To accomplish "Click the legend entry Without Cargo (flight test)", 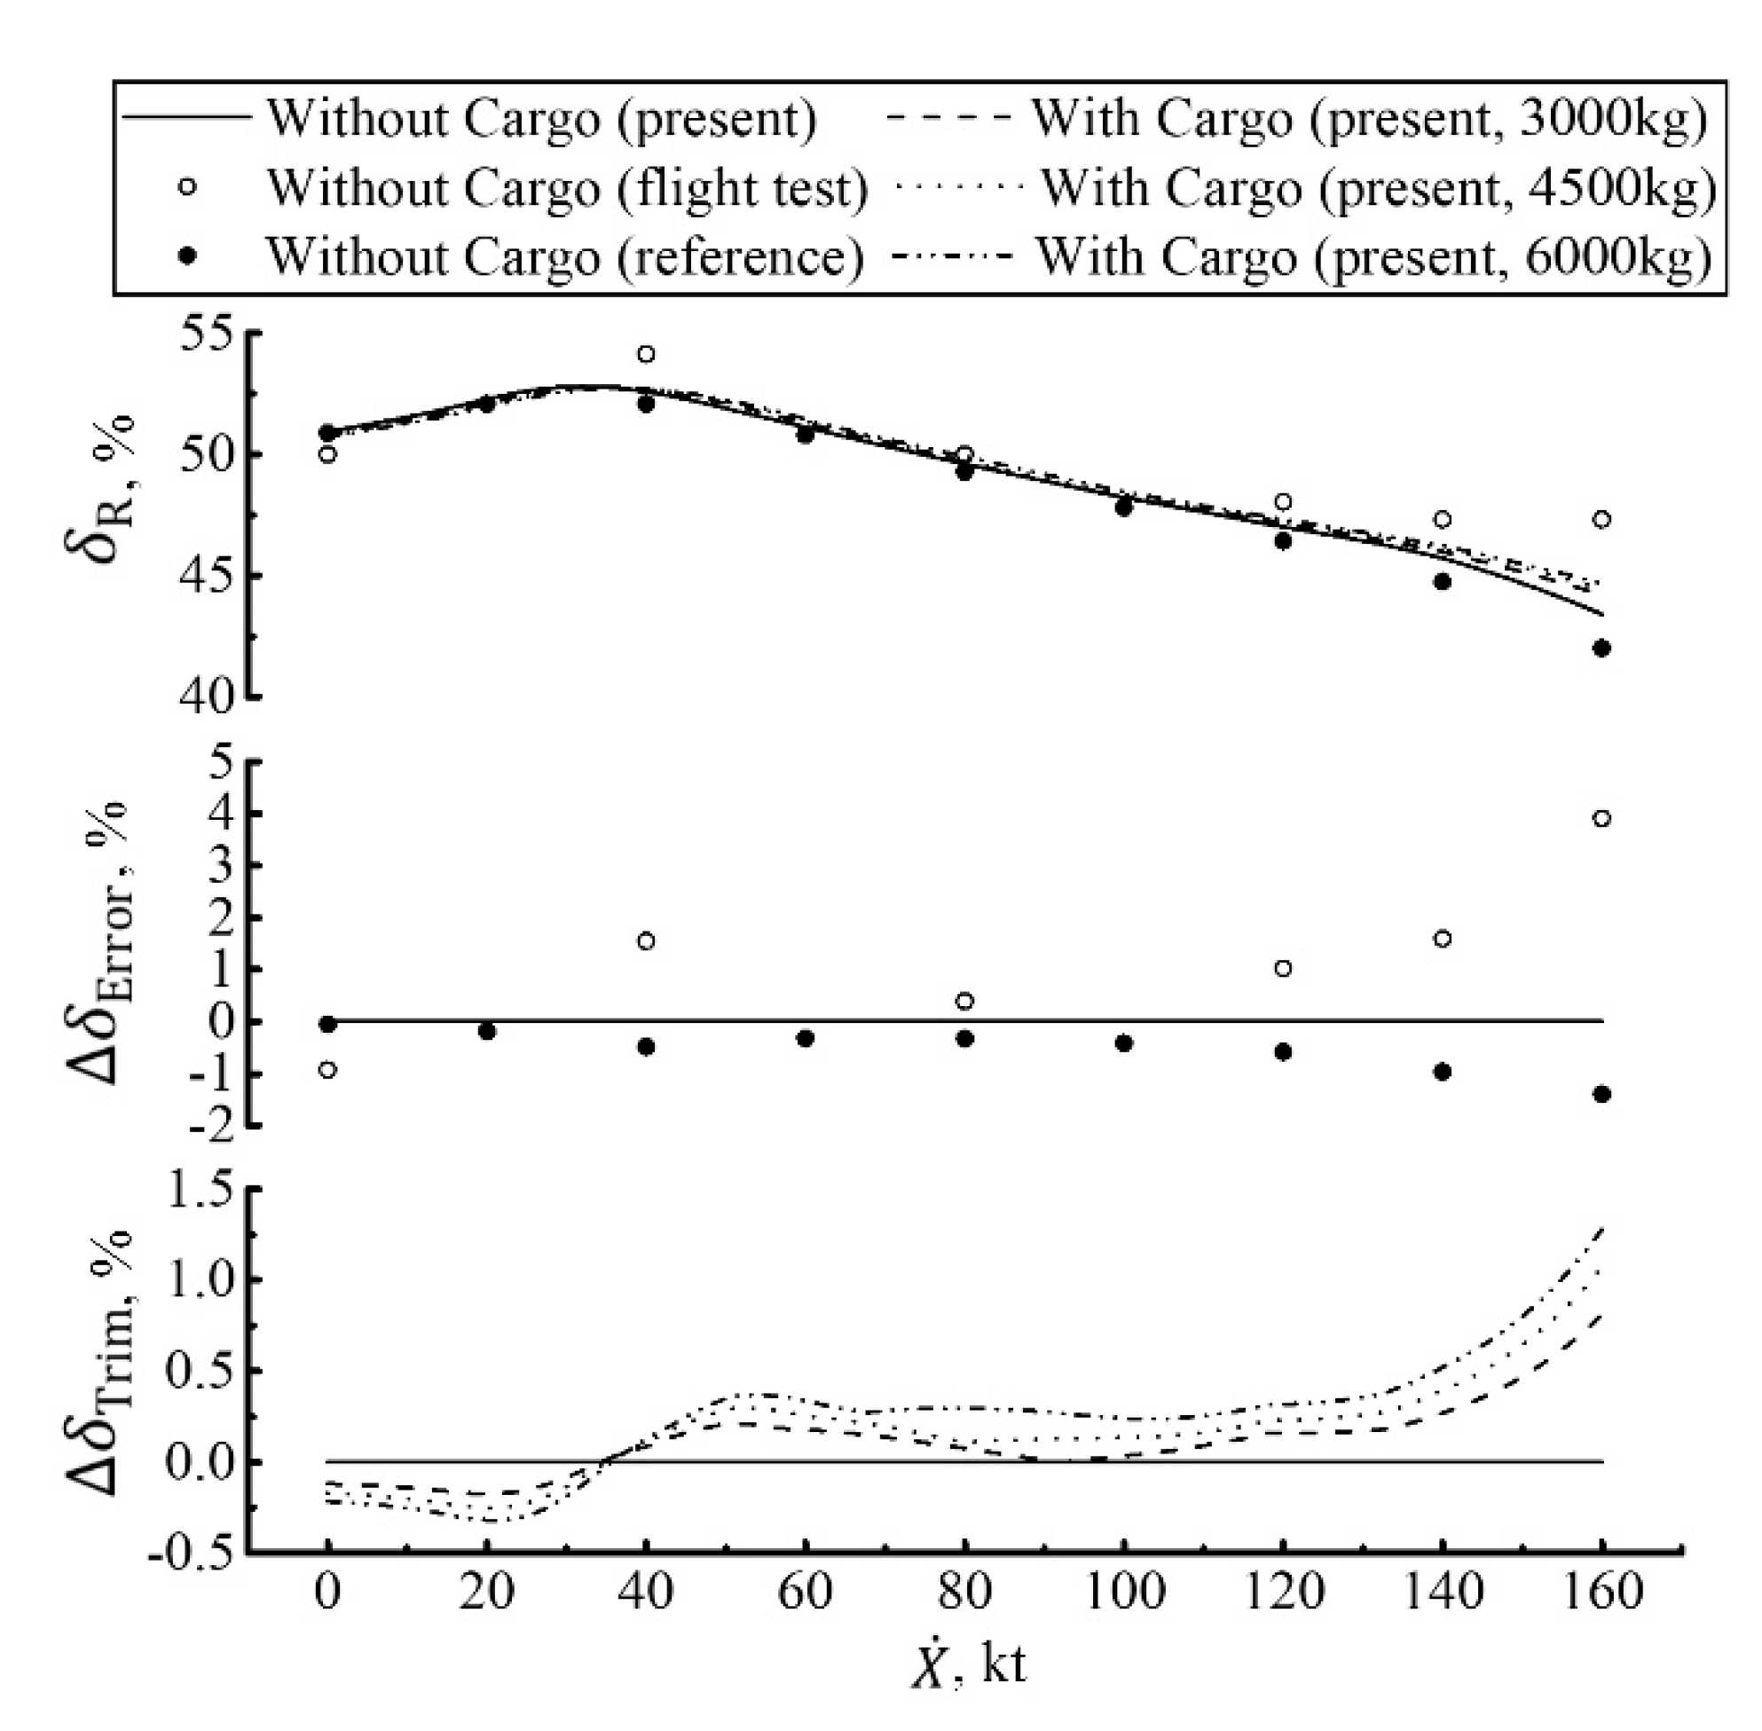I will click(566, 188).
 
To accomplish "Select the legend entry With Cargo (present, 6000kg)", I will click(1373, 256).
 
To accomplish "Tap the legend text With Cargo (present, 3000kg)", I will click(1368, 118).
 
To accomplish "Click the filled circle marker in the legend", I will click(188, 257).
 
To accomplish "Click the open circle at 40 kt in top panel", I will click(646, 354).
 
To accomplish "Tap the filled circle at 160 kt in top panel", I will click(1602, 649).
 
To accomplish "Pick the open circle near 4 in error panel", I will click(1602, 818).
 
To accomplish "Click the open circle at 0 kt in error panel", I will click(327, 1070).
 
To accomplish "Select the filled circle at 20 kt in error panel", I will click(486, 1031).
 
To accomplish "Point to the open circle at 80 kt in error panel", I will click(965, 1001).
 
